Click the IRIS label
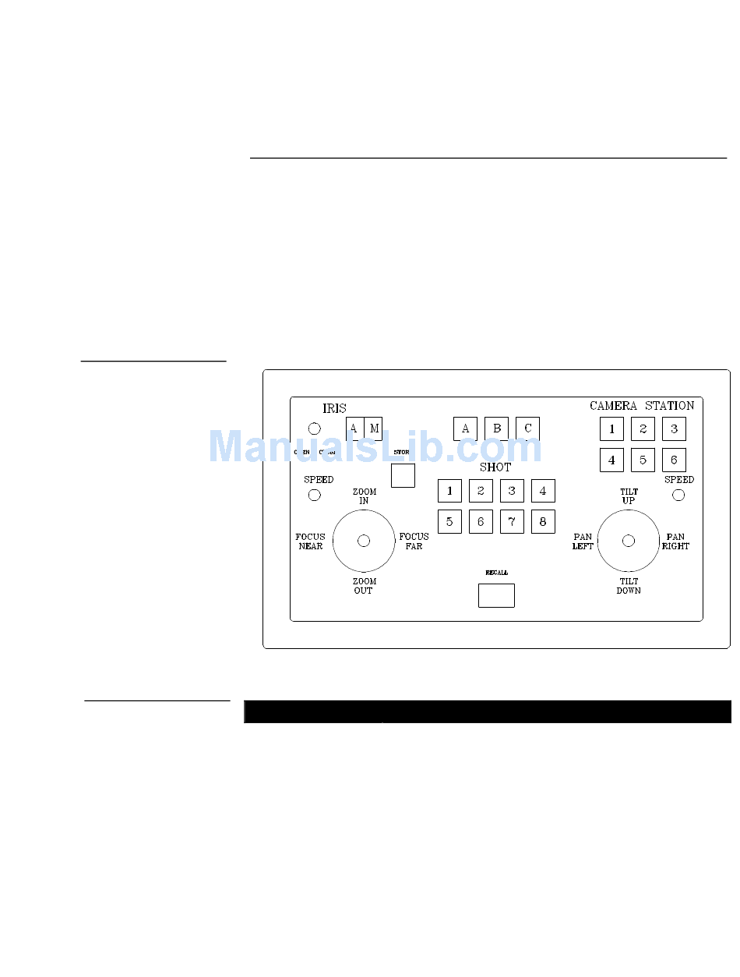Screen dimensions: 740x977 pyautogui.click(x=334, y=408)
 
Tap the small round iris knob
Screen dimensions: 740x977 pyautogui.click(x=315, y=429)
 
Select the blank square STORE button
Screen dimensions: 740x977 pyautogui.click(x=403, y=475)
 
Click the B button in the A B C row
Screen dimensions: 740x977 pyautogui.click(x=496, y=429)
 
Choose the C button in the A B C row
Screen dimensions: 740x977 pyautogui.click(x=527, y=429)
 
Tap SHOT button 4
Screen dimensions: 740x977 pyautogui.click(x=543, y=491)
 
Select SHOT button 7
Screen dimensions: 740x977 pyautogui.click(x=512, y=522)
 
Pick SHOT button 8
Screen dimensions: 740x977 pyautogui.click(x=543, y=522)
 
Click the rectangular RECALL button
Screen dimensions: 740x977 pyautogui.click(x=496, y=595)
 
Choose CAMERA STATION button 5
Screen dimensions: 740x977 pyautogui.click(x=643, y=460)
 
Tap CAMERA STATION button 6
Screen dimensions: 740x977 pyautogui.click(x=674, y=460)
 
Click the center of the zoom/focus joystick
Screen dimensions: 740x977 pyautogui.click(x=364, y=541)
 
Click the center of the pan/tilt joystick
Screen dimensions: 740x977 pyautogui.click(x=629, y=541)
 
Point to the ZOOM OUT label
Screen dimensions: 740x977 pyautogui.click(x=364, y=586)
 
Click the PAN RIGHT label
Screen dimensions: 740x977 pyautogui.click(x=675, y=541)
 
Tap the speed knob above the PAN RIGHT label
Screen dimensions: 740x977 pyautogui.click(x=678, y=495)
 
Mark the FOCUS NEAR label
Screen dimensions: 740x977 pyautogui.click(x=310, y=541)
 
